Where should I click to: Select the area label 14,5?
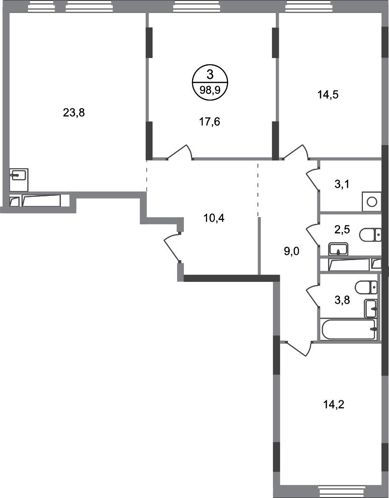coord(328,94)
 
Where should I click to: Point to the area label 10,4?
coord(215,217)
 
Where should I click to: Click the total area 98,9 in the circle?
coord(209,89)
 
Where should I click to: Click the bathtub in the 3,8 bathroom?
coord(348,329)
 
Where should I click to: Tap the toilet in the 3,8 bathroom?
coord(366,287)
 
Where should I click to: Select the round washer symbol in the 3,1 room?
coord(372,202)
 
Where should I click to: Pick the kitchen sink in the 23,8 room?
coord(19,175)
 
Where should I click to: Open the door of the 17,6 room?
coord(180,152)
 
